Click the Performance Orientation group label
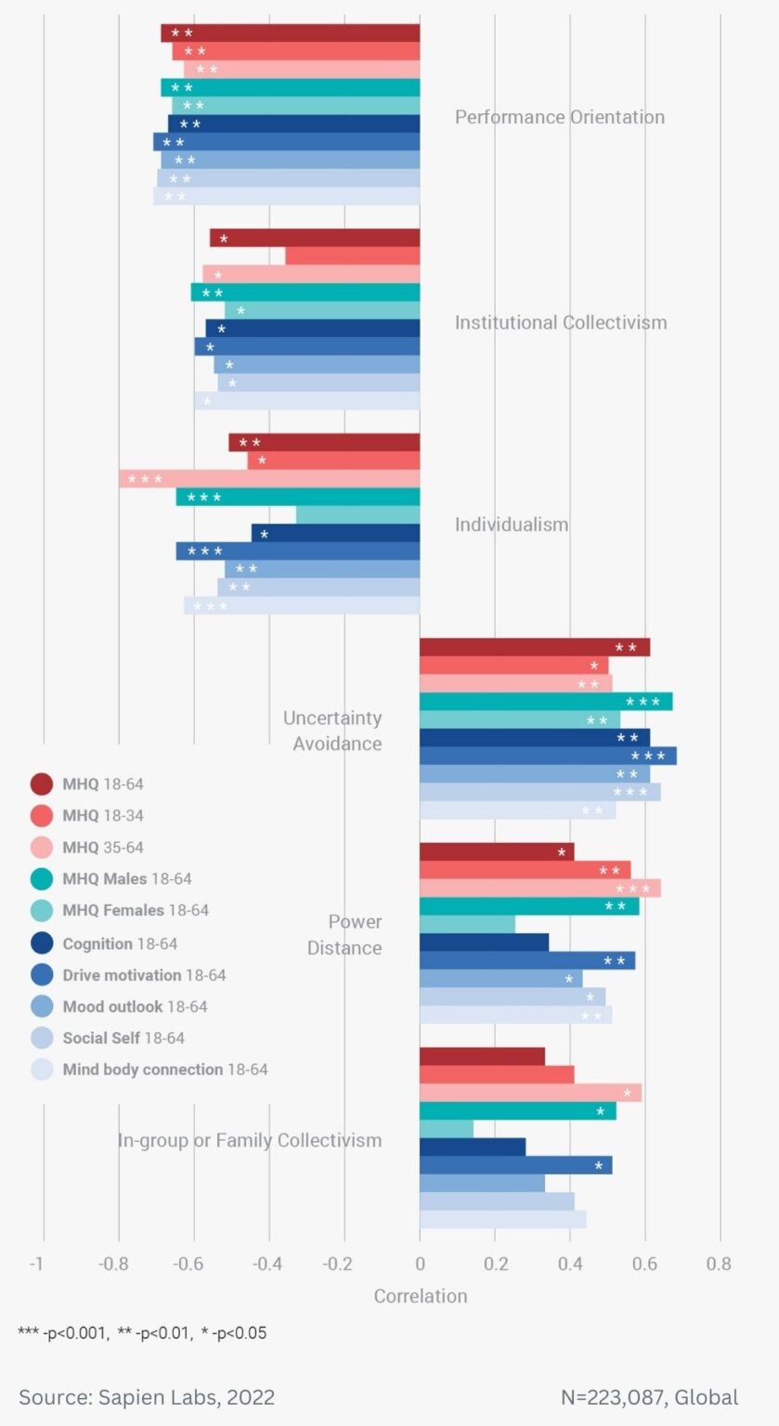tap(559, 117)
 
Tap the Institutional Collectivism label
tap(560, 322)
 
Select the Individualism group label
tap(511, 525)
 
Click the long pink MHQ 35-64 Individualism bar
tap(269, 479)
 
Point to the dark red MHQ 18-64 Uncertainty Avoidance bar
tap(534, 647)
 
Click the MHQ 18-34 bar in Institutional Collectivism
tap(352, 256)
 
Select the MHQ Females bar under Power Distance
tap(467, 925)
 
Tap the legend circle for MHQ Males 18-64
tap(42, 879)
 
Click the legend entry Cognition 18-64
tap(120, 943)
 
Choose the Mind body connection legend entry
tap(164, 1069)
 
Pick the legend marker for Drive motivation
tap(42, 975)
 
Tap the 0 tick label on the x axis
tap(420, 1264)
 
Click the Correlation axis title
tap(420, 1296)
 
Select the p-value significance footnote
tap(142, 1333)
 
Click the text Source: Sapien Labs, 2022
tap(147, 1397)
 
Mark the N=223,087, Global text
tap(649, 1397)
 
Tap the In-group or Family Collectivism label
tap(249, 1140)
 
